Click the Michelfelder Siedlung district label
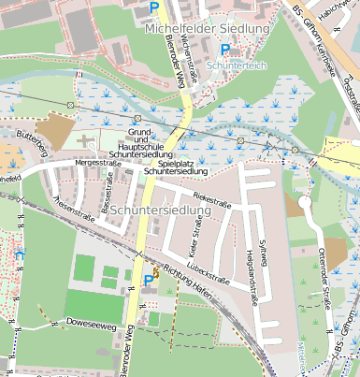207,30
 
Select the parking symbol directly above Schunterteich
225,50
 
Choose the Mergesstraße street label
99,162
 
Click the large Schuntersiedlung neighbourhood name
160,211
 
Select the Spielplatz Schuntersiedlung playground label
175,167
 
